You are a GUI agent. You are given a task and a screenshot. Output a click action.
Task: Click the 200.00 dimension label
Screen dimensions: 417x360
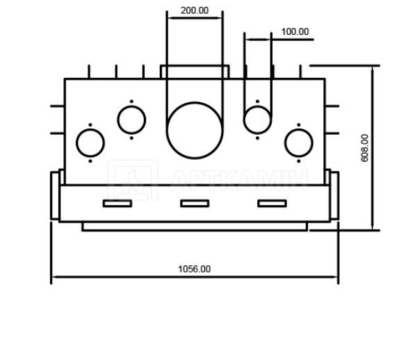pyautogui.click(x=195, y=10)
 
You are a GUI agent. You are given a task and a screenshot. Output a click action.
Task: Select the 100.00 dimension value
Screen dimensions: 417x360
pyautogui.click(x=295, y=32)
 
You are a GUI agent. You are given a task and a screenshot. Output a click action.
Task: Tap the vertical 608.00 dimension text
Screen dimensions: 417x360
pyautogui.click(x=365, y=148)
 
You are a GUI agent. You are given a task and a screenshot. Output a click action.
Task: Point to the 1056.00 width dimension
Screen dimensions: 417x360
pyautogui.click(x=194, y=269)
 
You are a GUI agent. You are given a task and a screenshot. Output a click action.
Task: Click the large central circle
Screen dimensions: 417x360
pyautogui.click(x=167, y=130)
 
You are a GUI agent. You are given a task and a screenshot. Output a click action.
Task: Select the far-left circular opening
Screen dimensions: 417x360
pyautogui.click(x=76, y=143)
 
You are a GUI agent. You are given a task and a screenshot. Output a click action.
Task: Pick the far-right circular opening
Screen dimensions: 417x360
pyautogui.click(x=285, y=143)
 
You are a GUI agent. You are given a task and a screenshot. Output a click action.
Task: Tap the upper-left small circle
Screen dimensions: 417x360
pyautogui.click(x=118, y=120)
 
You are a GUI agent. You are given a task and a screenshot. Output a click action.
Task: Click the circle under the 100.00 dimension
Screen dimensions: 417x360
pyautogui.click(x=244, y=120)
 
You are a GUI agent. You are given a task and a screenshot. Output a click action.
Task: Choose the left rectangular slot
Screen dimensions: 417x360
pyautogui.click(x=117, y=204)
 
